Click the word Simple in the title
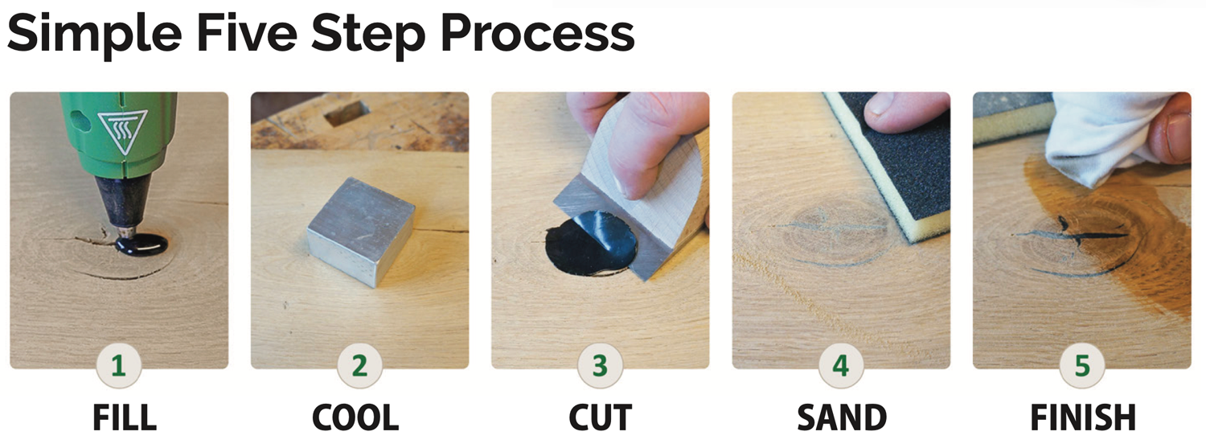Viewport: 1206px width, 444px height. click(95, 35)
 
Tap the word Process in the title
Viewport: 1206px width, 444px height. click(538, 35)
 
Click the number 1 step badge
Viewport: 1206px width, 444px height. click(118, 366)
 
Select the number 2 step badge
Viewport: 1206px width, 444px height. click(359, 366)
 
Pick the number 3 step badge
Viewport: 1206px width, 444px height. click(601, 366)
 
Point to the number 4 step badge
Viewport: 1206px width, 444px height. click(841, 366)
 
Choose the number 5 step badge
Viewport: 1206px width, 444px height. click(1082, 366)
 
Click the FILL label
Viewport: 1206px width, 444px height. click(125, 417)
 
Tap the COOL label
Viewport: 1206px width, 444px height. click(355, 417)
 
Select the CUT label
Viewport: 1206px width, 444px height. click(601, 417)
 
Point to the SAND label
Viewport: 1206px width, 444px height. click(842, 417)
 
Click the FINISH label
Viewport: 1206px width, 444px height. click(1083, 417)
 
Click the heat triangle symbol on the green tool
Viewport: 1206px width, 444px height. click(123, 131)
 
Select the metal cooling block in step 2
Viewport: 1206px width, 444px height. click(359, 231)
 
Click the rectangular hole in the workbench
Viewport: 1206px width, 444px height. click(347, 112)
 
